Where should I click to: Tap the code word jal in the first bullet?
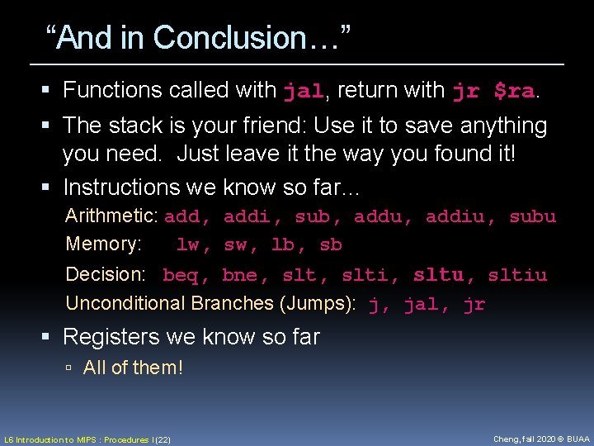pyautogui.click(x=303, y=91)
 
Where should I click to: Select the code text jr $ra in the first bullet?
pyautogui.click(x=493, y=91)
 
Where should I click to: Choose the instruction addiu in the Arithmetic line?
pyautogui.click(x=456, y=217)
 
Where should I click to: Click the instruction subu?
pyautogui.click(x=532, y=217)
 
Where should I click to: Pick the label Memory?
pyautogui.click(x=103, y=244)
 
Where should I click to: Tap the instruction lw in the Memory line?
pyautogui.click(x=189, y=245)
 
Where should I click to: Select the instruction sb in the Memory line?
pyautogui.click(x=330, y=245)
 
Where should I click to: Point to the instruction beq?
pyautogui.click(x=181, y=275)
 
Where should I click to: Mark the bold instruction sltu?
pyautogui.click(x=439, y=274)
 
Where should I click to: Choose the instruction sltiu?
pyautogui.click(x=517, y=275)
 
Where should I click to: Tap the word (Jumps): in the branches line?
pyautogui.click(x=318, y=304)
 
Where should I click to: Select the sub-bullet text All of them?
pyautogui.click(x=133, y=368)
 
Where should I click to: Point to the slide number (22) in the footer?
pyautogui.click(x=162, y=439)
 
